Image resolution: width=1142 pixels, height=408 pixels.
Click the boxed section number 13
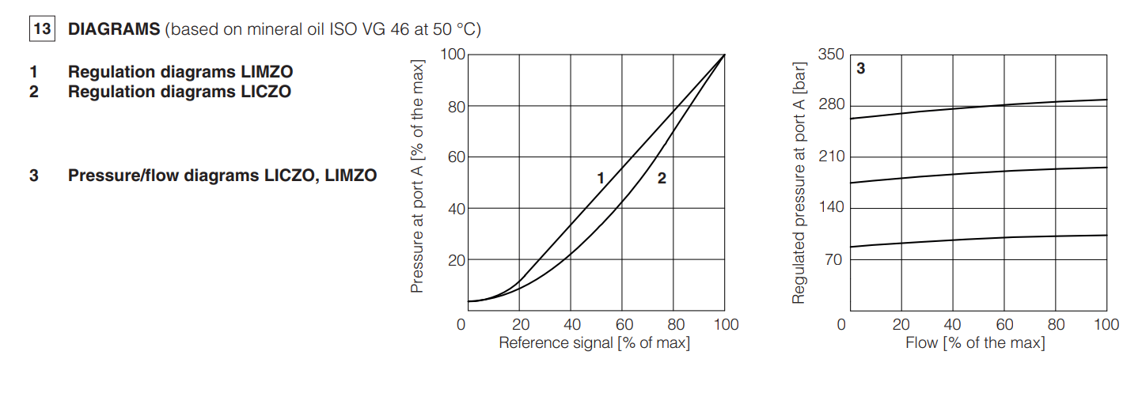coord(42,30)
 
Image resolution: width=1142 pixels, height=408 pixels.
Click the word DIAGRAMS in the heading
coord(114,30)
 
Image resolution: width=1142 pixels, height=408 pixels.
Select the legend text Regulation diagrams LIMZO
coord(180,72)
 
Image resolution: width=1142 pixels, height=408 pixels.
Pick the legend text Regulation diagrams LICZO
coord(179,92)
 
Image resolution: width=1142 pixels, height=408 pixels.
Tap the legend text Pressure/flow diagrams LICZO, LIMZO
coord(222,176)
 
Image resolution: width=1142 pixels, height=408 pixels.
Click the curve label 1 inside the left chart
coord(601,179)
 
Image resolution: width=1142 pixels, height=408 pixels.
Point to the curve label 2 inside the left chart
coord(662,179)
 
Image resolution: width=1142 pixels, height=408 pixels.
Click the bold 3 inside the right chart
coord(861,69)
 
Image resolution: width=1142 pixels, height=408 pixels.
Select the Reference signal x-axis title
coord(594,343)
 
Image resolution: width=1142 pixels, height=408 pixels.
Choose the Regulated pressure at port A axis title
coord(799,179)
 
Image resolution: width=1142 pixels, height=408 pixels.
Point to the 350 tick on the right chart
coord(831,55)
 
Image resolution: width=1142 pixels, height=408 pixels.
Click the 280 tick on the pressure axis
coord(831,105)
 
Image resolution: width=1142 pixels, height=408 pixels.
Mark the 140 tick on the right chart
coord(831,207)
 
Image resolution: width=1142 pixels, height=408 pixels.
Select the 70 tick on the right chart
coord(835,259)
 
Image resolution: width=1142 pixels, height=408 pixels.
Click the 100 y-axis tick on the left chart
coord(453,55)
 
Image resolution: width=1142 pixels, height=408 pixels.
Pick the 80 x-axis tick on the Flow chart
coord(1056,325)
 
